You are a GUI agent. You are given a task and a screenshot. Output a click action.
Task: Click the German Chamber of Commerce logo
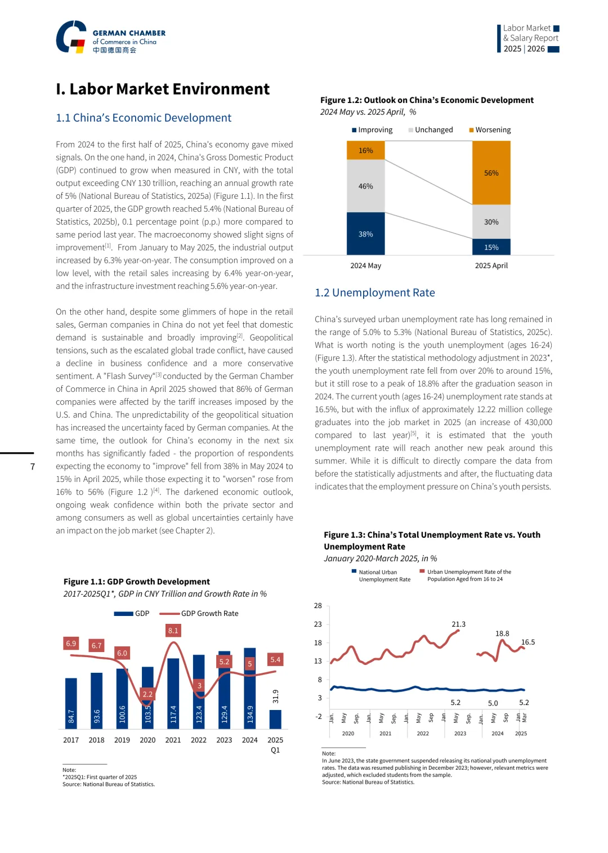pos(110,37)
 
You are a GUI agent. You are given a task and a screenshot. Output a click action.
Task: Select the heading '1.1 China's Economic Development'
pos(144,118)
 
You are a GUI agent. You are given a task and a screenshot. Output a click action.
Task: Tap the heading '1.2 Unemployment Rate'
pos(374,293)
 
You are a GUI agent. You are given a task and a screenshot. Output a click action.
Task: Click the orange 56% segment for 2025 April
pos(491,173)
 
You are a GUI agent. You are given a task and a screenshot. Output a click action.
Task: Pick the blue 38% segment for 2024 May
pos(365,234)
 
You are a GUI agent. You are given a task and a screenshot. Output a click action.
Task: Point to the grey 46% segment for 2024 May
pos(365,186)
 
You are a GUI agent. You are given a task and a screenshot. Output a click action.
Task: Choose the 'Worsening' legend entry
pos(490,130)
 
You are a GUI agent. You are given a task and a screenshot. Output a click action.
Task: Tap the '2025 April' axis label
pos(491,266)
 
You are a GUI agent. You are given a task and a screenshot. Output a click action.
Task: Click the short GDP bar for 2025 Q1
pos(275,719)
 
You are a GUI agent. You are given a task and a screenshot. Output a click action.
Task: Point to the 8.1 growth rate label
pos(173,631)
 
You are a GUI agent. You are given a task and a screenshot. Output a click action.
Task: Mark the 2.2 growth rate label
pos(147,694)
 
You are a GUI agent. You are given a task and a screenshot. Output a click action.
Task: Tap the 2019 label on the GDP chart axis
pos(122,740)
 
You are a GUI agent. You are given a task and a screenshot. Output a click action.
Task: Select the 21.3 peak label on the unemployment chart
pos(459,624)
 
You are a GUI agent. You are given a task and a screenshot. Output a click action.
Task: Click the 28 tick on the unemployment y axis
pos(318,606)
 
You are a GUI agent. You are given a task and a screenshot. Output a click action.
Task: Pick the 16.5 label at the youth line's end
pos(528,642)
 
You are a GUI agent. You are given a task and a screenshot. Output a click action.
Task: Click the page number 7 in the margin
pos(33,467)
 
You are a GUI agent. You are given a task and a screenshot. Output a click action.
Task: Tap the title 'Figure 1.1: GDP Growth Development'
pos(136,582)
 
